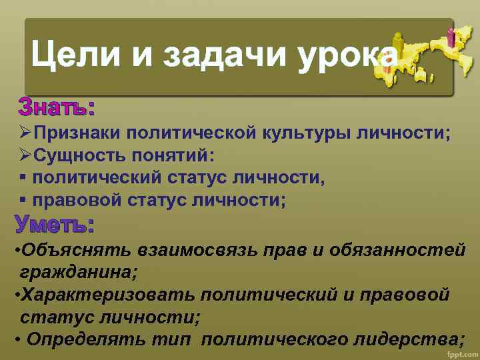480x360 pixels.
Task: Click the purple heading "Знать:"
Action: click(56, 107)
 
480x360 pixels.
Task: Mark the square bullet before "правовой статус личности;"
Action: click(23, 199)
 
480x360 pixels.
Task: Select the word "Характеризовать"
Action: click(107, 294)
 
